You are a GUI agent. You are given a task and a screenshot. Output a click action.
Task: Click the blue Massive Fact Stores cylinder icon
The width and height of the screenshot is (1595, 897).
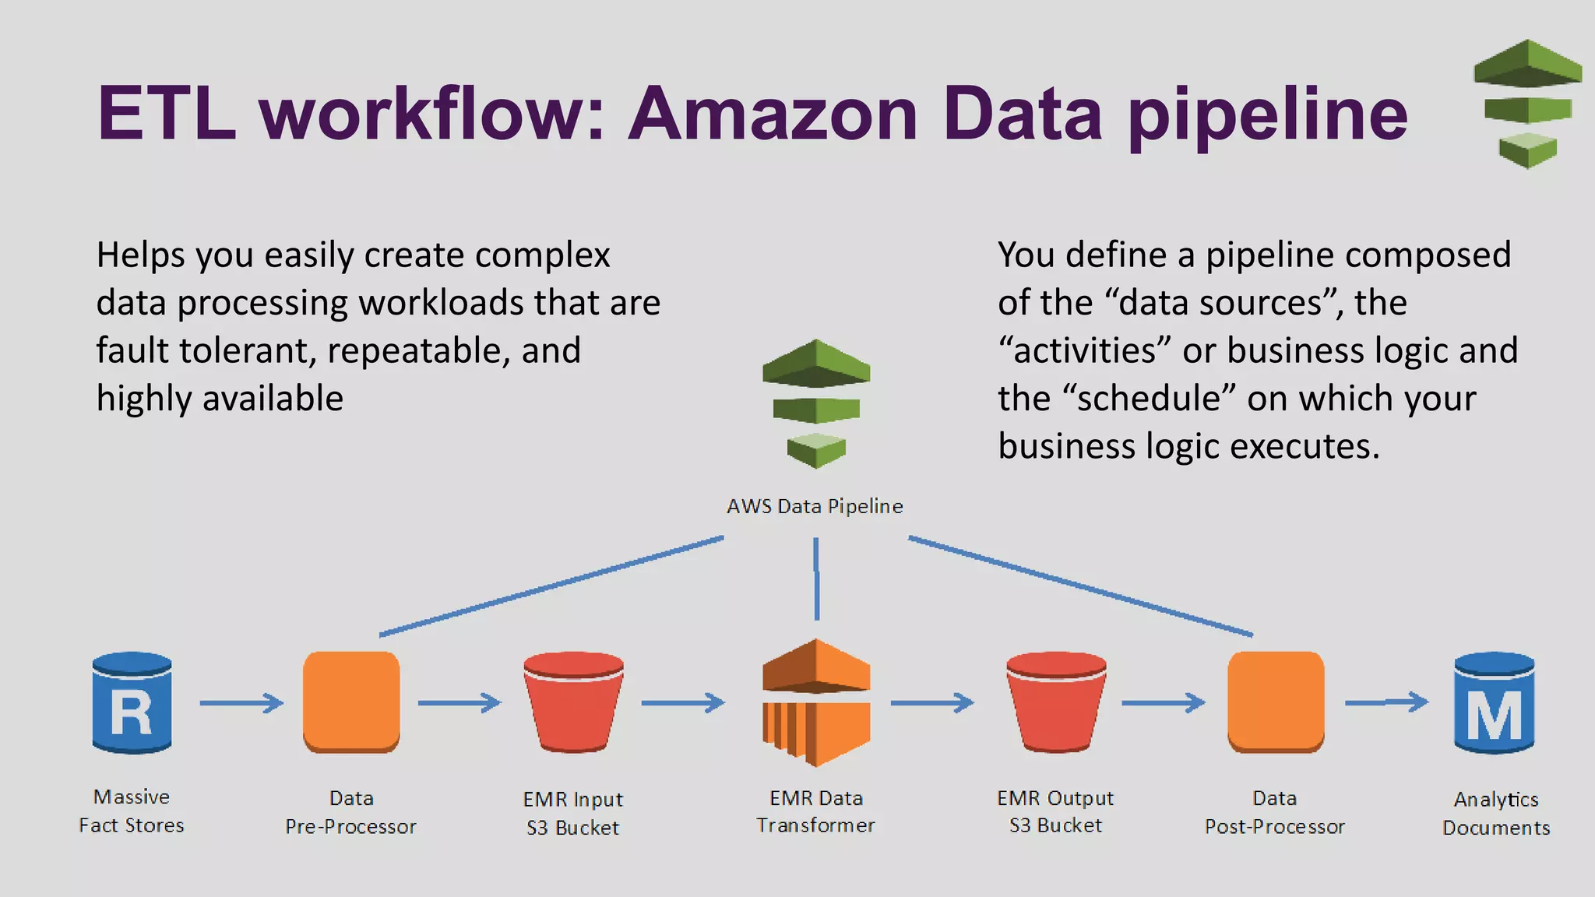pos(132,702)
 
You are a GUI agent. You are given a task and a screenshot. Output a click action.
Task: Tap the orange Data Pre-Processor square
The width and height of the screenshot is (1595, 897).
pos(351,702)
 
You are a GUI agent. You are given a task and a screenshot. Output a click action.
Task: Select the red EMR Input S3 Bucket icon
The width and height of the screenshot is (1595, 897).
pos(573,702)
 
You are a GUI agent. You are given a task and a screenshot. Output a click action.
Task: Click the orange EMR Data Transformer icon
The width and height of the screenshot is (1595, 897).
pos(816,702)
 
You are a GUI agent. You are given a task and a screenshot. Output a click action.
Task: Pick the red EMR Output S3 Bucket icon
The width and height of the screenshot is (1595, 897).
pos(1056,702)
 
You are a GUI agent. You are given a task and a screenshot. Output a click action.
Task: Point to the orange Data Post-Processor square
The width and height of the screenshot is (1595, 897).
pos(1276,702)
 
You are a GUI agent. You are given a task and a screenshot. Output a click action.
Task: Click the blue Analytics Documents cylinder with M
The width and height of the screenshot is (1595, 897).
pos(1494,702)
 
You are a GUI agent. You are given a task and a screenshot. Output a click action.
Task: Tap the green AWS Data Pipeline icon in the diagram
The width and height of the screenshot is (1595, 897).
pos(816,403)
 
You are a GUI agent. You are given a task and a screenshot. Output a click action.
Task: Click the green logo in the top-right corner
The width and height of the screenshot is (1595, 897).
pos(1527,104)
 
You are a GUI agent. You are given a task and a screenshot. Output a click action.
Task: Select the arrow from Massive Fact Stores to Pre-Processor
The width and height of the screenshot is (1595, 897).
pos(241,703)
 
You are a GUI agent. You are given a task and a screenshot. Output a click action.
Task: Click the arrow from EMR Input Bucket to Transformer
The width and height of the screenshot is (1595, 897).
pos(683,703)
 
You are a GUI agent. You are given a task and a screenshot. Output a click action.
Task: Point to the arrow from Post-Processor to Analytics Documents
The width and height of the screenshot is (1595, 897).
pos(1386,702)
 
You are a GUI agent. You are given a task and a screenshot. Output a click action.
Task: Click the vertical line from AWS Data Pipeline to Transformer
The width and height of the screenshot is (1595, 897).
pos(816,579)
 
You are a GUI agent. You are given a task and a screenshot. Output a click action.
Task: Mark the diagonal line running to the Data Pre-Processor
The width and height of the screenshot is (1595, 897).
pos(551,586)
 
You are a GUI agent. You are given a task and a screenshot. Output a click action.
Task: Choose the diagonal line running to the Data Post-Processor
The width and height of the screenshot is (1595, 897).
pos(1081,586)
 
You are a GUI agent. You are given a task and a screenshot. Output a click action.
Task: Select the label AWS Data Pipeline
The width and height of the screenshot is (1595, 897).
pos(815,506)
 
